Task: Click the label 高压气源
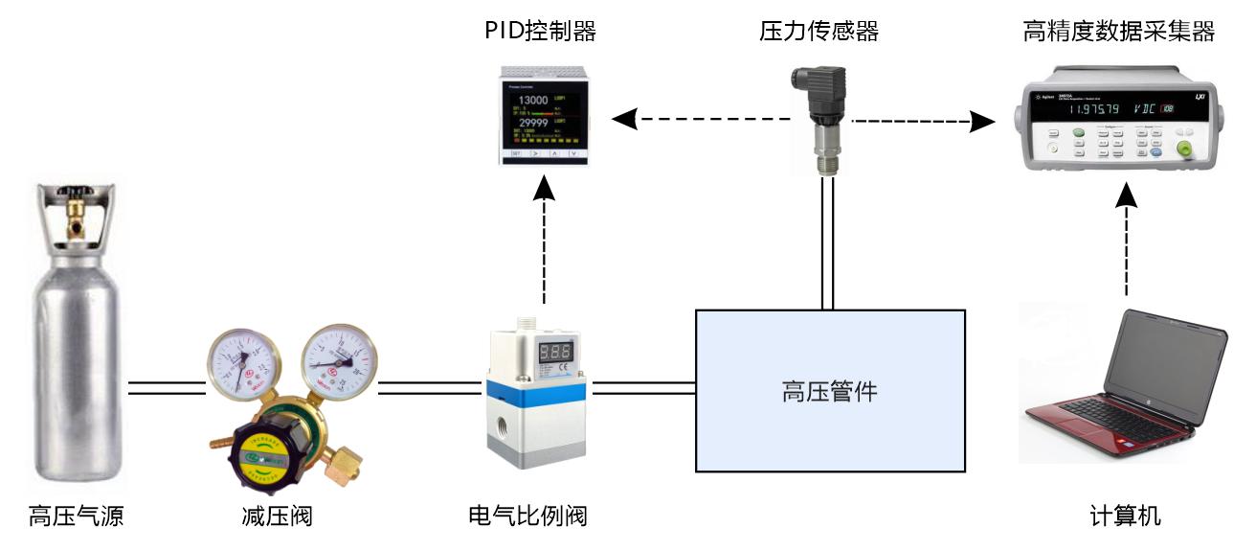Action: tap(76, 517)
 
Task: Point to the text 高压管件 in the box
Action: tap(829, 391)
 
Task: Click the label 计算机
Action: tap(1125, 517)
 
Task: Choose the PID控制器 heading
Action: tap(540, 32)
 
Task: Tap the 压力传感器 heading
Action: tap(819, 32)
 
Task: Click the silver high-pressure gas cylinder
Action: tap(76, 335)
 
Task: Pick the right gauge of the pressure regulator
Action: tap(338, 361)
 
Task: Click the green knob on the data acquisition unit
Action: tap(1185, 149)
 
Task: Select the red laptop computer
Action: tap(1125, 383)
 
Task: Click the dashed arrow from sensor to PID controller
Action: tap(704, 120)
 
